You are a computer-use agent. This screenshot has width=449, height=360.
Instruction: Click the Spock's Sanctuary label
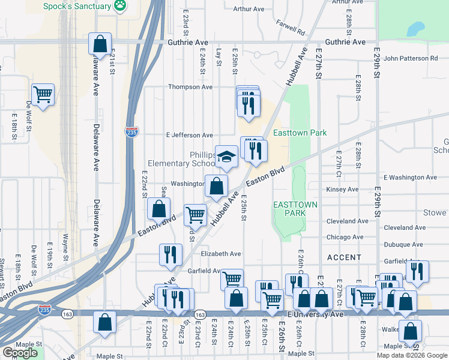pos(77,7)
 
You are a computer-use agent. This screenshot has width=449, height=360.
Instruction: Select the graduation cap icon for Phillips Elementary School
pos(226,157)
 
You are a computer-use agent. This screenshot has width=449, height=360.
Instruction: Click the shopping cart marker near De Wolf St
pos(43,94)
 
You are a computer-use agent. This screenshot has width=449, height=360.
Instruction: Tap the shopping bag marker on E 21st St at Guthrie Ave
pos(100,43)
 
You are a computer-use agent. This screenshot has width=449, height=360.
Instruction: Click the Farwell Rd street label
pos(291,26)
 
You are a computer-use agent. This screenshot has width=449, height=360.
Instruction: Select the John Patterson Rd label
pos(411,58)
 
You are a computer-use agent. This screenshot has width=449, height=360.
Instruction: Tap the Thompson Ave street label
pos(190,87)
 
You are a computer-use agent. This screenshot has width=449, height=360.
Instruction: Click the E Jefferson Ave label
pos(190,136)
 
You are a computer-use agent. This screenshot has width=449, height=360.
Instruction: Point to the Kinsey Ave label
pos(342,190)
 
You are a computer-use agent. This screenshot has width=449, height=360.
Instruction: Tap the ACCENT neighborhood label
pos(344,257)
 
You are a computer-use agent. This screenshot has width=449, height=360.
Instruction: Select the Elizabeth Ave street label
pos(221,254)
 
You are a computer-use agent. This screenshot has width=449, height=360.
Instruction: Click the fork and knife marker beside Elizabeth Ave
pos(170,254)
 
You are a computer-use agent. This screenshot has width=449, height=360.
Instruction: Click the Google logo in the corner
pos(20,353)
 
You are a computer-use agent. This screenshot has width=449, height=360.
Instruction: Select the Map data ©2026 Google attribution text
pos(411,355)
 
